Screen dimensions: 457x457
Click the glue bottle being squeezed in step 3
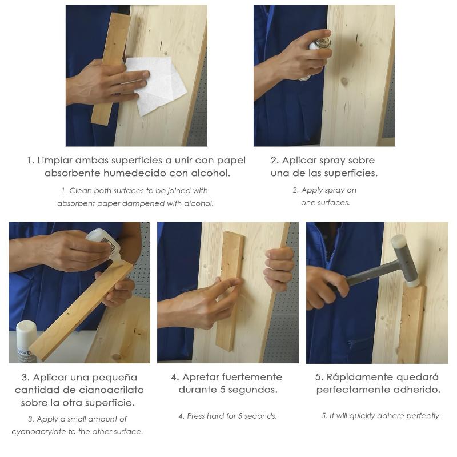pyautogui.click(x=105, y=244)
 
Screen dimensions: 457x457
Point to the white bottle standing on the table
pyautogui.click(x=26, y=342)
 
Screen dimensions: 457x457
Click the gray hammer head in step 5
pyautogui.click(x=406, y=261)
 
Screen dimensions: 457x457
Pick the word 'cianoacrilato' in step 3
pyautogui.click(x=111, y=390)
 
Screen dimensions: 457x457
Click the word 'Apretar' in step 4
pyautogui.click(x=201, y=378)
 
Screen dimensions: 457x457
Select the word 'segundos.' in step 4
pyautogui.click(x=254, y=390)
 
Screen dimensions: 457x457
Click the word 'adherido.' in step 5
pyautogui.click(x=419, y=390)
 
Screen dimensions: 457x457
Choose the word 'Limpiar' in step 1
pyautogui.click(x=55, y=161)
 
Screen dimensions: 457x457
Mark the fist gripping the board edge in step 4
pyautogui.click(x=279, y=268)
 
